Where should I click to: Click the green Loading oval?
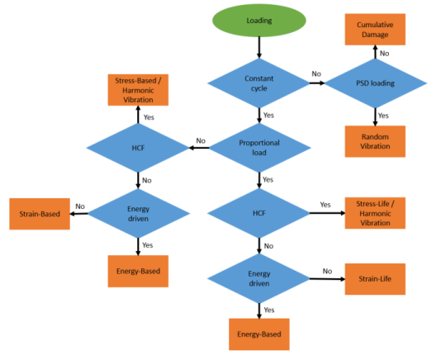click(259, 21)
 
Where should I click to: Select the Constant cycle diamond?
click(258, 83)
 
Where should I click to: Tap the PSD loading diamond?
click(375, 83)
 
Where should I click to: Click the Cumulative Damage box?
click(375, 30)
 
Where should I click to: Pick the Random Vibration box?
click(375, 141)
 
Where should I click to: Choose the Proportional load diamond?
click(259, 148)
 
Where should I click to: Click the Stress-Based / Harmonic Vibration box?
click(138, 90)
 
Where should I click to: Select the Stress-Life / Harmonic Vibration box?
click(375, 213)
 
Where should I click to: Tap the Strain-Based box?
click(40, 214)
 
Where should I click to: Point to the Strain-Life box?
click(375, 279)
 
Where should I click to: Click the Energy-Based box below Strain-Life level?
click(259, 334)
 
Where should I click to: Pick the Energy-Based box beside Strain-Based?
click(138, 272)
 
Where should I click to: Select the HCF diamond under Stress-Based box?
click(138, 148)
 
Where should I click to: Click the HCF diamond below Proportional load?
click(258, 213)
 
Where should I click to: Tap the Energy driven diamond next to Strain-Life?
click(258, 279)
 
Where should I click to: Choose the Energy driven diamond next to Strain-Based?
click(139, 214)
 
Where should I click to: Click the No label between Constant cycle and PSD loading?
click(316, 74)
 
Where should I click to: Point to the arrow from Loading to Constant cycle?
click(259, 48)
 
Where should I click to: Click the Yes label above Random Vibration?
click(383, 116)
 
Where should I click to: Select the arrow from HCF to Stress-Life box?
click(327, 213)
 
